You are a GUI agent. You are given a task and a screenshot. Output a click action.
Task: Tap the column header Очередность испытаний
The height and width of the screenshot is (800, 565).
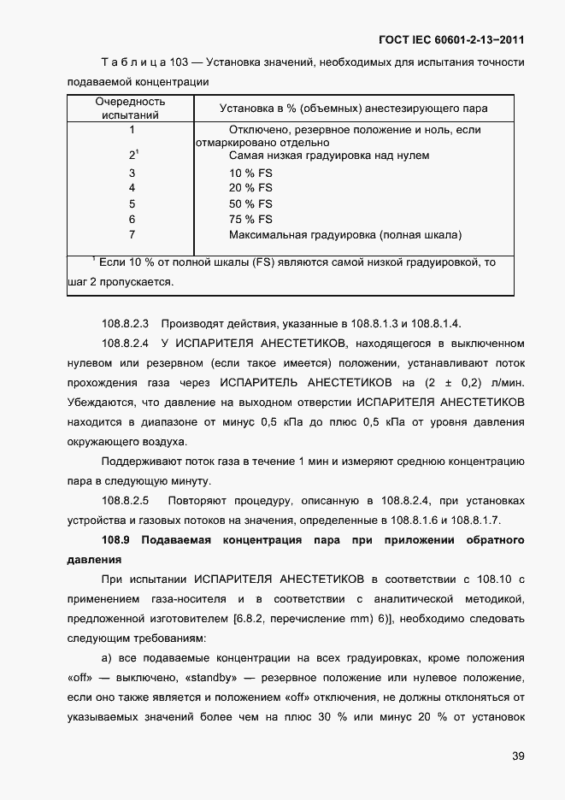pyautogui.click(x=130, y=109)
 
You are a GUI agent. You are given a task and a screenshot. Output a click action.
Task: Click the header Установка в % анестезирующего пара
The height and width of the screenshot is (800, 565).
pyautogui.click(x=354, y=109)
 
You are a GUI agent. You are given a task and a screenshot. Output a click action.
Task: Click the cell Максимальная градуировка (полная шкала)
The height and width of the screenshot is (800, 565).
pyautogui.click(x=345, y=234)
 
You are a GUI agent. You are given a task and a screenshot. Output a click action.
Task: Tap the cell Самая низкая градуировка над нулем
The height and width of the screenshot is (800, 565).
pyautogui.click(x=329, y=156)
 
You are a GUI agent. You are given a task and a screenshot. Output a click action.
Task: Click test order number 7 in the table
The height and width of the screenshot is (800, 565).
pyautogui.click(x=132, y=234)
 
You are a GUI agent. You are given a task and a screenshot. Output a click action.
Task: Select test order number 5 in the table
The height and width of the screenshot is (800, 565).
pyautogui.click(x=132, y=203)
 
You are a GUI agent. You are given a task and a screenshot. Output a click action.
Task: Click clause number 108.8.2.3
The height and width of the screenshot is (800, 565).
pyautogui.click(x=125, y=323)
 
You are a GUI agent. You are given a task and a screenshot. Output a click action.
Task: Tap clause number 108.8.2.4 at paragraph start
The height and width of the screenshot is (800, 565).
pyautogui.click(x=125, y=344)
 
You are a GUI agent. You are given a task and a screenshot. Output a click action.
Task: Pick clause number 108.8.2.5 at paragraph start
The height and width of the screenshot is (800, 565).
pyautogui.click(x=125, y=500)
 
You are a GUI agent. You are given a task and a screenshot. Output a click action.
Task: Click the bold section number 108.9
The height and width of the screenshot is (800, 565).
pyautogui.click(x=115, y=541)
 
